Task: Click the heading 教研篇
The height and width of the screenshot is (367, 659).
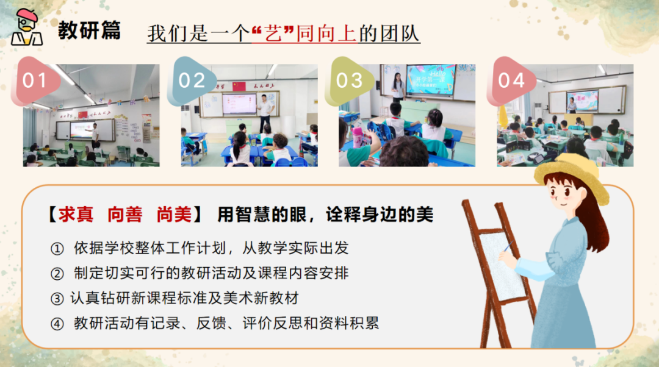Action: [89, 30]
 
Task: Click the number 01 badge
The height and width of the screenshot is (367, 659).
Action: [35, 80]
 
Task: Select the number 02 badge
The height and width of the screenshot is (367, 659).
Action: [192, 80]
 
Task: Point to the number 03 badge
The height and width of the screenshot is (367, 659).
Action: [349, 80]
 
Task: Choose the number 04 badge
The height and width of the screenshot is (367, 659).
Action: [511, 80]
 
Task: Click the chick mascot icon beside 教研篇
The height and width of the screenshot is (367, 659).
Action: [27, 28]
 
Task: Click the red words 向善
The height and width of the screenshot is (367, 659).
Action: [124, 215]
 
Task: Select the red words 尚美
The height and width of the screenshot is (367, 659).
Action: [173, 215]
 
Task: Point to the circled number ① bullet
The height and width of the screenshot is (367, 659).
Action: [57, 249]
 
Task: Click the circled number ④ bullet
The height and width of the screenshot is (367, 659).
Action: [57, 323]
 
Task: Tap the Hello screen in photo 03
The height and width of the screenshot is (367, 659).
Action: [431, 79]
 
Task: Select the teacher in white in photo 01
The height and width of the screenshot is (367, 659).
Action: [95, 138]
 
